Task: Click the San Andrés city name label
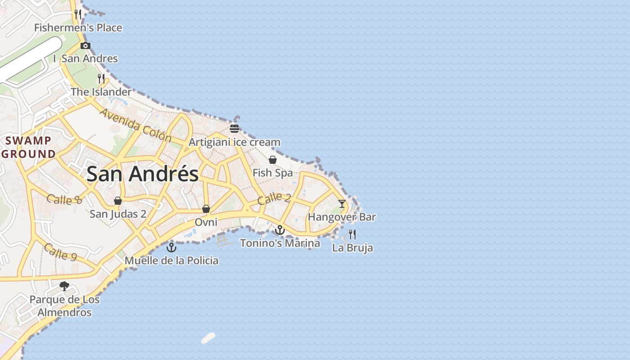(x=142, y=174)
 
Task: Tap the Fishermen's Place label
(x=78, y=28)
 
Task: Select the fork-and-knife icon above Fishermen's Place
(x=78, y=14)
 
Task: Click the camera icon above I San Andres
(x=85, y=45)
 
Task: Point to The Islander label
(x=101, y=92)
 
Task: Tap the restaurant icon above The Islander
(x=101, y=79)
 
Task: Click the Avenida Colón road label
(x=135, y=125)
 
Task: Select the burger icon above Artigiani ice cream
(x=234, y=128)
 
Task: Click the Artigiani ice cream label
(x=234, y=142)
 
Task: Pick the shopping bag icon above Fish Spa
(x=273, y=160)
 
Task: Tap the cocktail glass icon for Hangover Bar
(x=342, y=204)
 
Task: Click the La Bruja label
(x=352, y=247)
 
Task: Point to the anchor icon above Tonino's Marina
(x=280, y=230)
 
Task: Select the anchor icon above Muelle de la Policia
(x=171, y=247)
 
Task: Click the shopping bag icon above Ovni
(x=206, y=209)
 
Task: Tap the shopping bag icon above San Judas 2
(x=118, y=201)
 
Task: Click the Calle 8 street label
(x=64, y=199)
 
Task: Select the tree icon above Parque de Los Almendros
(x=64, y=286)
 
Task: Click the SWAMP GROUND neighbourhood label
(x=28, y=147)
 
